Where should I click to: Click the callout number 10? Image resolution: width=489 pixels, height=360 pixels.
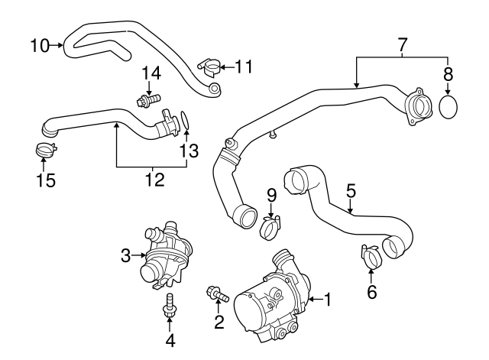[x=40, y=46]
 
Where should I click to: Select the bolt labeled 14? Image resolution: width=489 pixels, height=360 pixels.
[x=148, y=100]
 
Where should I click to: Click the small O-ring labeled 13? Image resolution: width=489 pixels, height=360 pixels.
[x=184, y=121]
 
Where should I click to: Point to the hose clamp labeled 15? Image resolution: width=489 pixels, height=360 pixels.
[x=46, y=150]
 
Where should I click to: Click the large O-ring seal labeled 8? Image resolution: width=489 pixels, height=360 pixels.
[x=448, y=107]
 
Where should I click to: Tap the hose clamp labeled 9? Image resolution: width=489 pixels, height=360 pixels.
[x=270, y=228]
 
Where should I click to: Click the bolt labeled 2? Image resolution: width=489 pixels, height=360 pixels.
[x=218, y=294]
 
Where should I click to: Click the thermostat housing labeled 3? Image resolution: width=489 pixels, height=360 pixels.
[x=165, y=255]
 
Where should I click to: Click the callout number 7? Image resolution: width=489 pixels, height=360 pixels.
[x=403, y=45]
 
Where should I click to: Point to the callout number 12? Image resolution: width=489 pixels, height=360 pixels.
[x=155, y=180]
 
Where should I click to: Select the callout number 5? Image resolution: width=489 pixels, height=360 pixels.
[x=351, y=191]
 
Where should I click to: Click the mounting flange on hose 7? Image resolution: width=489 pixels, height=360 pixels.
[x=418, y=107]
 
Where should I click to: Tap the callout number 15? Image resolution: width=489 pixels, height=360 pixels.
[x=46, y=180]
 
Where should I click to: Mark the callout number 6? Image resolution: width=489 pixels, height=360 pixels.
[x=371, y=292]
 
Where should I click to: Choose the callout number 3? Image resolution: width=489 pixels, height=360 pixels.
[x=125, y=255]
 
